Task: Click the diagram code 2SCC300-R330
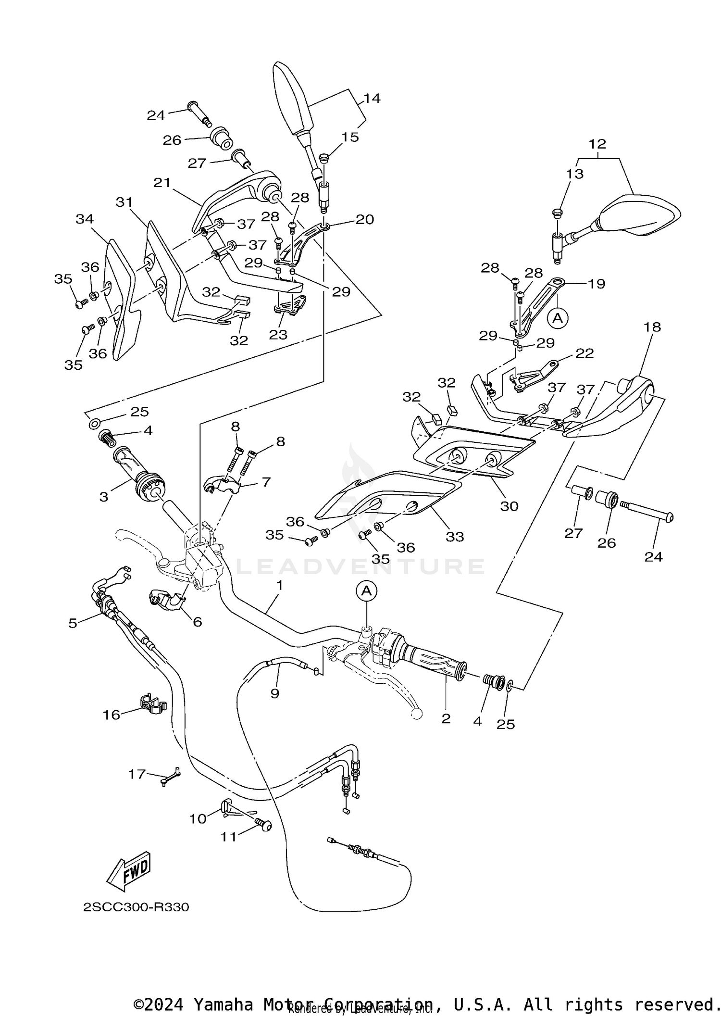[136, 907]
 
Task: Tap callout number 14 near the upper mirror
[372, 99]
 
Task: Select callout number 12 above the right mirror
[597, 144]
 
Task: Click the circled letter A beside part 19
[558, 318]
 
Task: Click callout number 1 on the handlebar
[280, 586]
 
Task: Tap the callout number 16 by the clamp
[111, 715]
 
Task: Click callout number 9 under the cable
[274, 693]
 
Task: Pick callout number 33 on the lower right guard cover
[455, 537]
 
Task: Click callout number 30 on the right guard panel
[510, 506]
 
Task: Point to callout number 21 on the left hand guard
[162, 183]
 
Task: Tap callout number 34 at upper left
[85, 219]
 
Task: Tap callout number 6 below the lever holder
[197, 622]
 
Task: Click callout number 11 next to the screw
[229, 837]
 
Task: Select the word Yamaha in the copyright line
[223, 1004]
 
